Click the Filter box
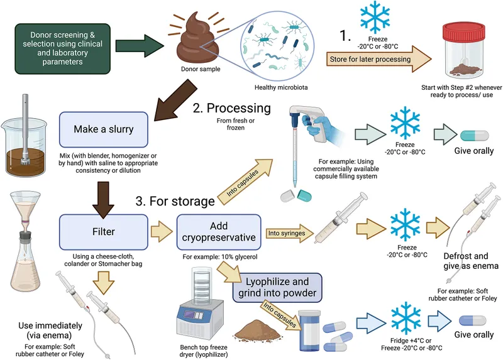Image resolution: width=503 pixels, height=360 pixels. [104, 232]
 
